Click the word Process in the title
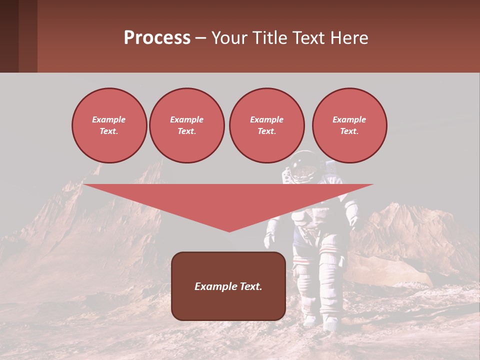157,38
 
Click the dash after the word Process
201,39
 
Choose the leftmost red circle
109,125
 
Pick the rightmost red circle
349,125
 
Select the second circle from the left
186,125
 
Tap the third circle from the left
266,125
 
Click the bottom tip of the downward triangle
229,230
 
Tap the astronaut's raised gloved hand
353,220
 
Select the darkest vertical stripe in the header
9,36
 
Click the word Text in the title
308,38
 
